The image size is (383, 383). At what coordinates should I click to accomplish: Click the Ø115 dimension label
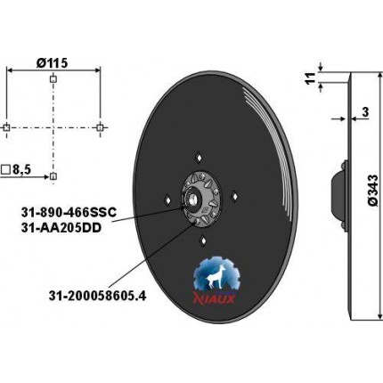(52, 62)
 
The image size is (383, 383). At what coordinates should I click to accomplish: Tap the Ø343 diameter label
(372, 190)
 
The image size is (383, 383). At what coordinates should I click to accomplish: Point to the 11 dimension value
(311, 77)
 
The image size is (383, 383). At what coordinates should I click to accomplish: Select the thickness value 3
(365, 112)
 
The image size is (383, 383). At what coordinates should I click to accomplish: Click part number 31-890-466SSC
(69, 213)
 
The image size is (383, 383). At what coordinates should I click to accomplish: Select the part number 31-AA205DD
(61, 228)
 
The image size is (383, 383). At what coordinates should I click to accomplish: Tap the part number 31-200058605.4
(97, 296)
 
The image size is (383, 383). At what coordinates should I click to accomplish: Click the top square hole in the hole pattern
(53, 79)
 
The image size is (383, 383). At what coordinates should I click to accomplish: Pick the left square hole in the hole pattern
(6, 128)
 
